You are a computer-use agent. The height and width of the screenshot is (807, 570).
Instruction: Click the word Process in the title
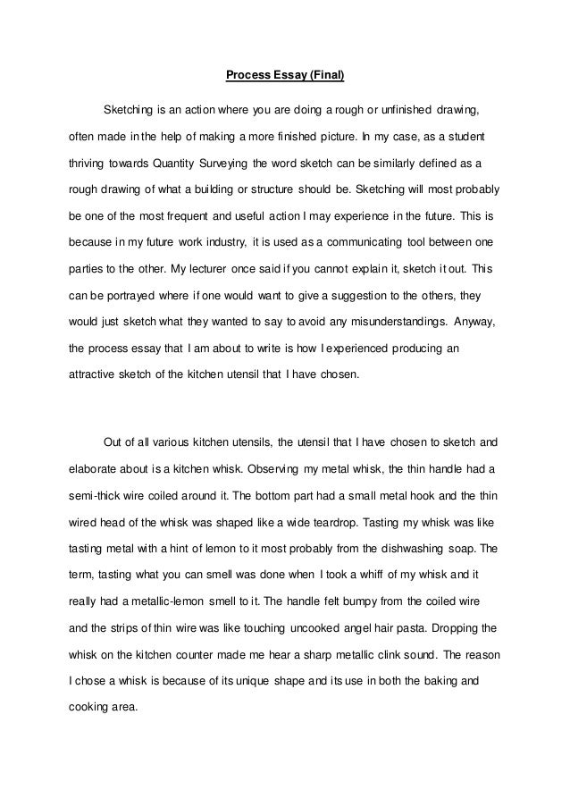tap(247, 76)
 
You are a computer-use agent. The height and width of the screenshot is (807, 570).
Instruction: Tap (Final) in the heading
tap(323, 76)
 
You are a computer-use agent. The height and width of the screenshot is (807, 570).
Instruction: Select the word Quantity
tap(179, 164)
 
